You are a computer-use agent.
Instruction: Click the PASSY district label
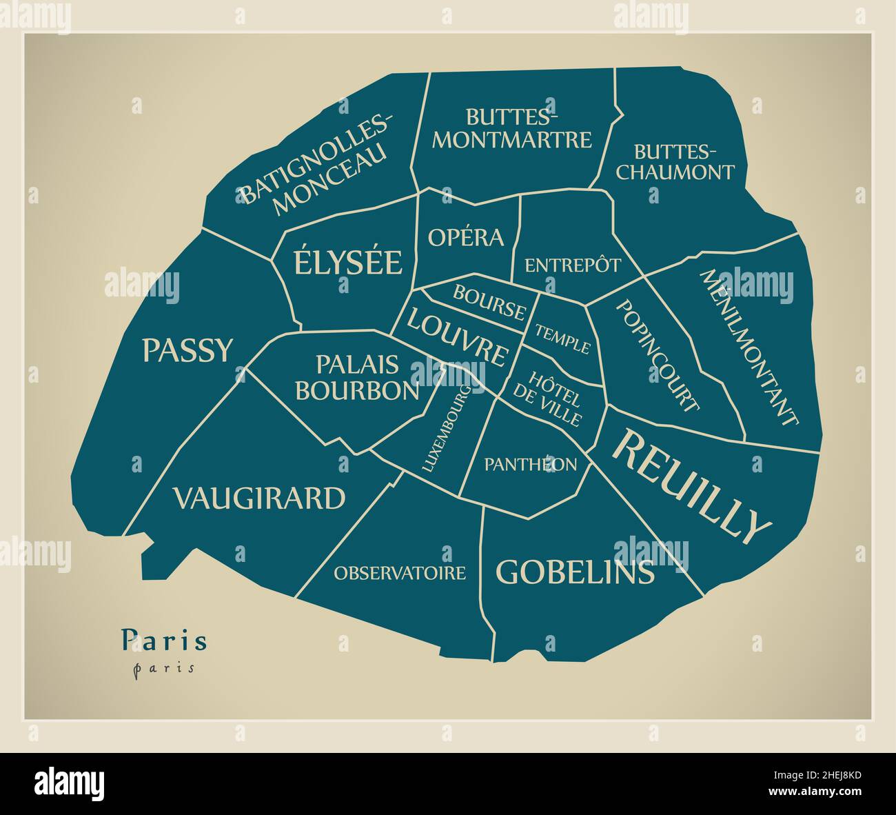pos(188,350)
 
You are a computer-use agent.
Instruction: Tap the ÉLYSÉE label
pos(348,263)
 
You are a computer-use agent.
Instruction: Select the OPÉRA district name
pos(466,238)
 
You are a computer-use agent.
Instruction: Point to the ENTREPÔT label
pos(573,265)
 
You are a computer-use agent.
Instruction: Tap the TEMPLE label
pos(563,339)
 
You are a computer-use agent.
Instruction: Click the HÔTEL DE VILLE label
pos(549,398)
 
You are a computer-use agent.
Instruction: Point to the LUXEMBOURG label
pos(447,429)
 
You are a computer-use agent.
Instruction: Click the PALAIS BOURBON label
pos(357,377)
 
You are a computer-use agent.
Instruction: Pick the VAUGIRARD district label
pos(258,498)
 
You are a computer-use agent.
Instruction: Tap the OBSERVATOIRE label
pos(400,573)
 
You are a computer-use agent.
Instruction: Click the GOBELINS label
pos(575,572)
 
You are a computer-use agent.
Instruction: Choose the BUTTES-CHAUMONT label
pos(675,162)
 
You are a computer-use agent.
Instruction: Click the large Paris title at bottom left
pos(164,641)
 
